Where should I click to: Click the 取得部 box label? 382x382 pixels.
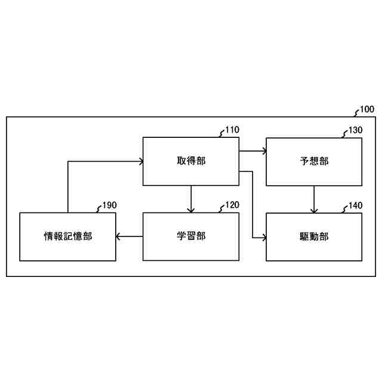click(x=191, y=161)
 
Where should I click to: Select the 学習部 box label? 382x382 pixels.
click(x=191, y=236)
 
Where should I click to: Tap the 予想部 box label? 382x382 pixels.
click(x=314, y=161)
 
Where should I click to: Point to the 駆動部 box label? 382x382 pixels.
click(x=314, y=236)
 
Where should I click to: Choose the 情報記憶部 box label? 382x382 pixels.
click(x=68, y=236)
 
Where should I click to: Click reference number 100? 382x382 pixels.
click(x=367, y=110)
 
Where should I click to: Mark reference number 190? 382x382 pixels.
click(x=109, y=205)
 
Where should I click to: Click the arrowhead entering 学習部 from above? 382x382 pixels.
click(x=191, y=210)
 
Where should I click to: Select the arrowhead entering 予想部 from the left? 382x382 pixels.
click(x=263, y=152)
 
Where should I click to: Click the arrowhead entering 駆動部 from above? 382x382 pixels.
click(x=314, y=210)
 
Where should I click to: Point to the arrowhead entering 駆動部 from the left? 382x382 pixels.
click(x=263, y=238)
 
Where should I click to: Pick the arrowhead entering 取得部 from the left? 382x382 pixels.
click(x=140, y=161)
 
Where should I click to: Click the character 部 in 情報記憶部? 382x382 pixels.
click(x=87, y=236)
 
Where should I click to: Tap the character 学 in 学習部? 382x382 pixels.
click(x=181, y=236)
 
